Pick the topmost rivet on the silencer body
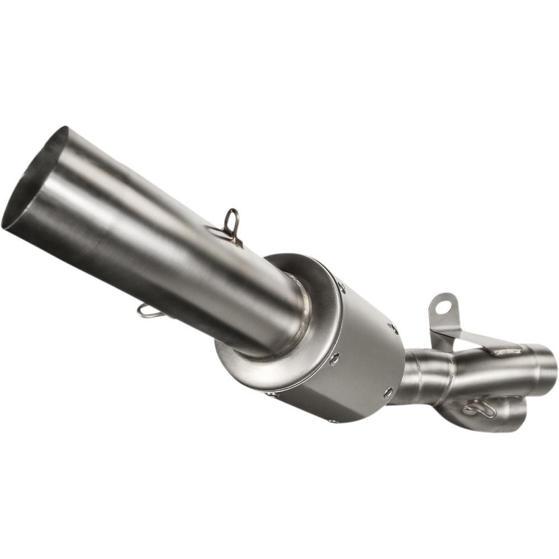pyautogui.click(x=342, y=287)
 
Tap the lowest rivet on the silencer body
pyautogui.click(x=333, y=420)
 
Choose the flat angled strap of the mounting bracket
pyautogui.click(x=475, y=339)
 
